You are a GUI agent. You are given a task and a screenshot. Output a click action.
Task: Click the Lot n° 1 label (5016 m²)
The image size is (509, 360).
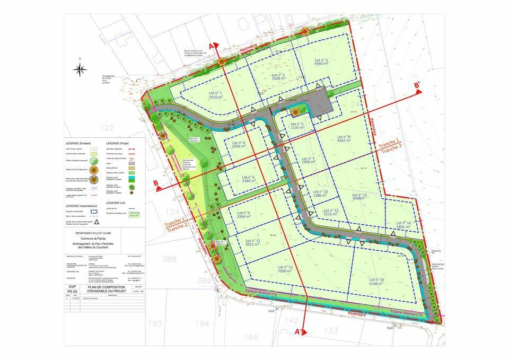tap(215, 95)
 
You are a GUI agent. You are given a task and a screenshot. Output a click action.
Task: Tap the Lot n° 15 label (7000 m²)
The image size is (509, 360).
tap(286, 269)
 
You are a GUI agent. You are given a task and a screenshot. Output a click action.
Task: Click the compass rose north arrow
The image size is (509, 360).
tap(80, 69)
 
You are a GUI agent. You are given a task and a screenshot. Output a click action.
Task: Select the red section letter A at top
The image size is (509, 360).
tap(212, 47)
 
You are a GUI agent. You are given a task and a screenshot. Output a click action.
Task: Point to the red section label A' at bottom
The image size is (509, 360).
tap(300, 331)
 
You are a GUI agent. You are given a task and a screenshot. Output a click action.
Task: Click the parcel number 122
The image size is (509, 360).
tap(107, 128)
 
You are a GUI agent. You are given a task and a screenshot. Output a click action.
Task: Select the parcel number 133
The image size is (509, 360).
tap(331, 331)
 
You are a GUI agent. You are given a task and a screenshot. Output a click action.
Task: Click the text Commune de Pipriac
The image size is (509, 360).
tap(104, 239)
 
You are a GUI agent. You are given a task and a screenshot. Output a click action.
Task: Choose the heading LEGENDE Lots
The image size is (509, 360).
tap(120, 204)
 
